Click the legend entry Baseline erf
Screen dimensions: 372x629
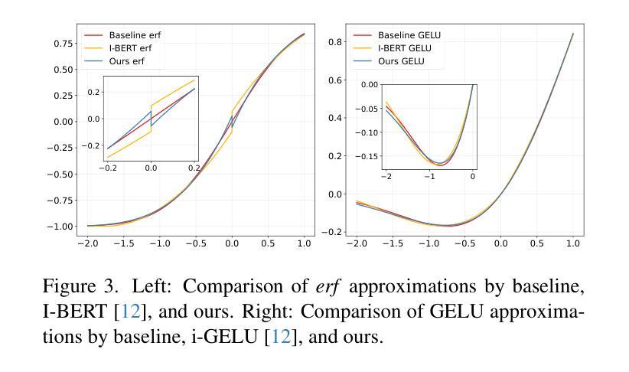135,35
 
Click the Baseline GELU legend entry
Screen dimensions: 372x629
409,35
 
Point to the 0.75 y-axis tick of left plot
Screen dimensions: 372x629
64,44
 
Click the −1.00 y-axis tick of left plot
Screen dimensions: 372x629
61,227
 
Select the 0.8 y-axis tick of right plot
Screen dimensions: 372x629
334,42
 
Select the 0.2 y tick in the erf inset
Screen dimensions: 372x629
93,92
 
